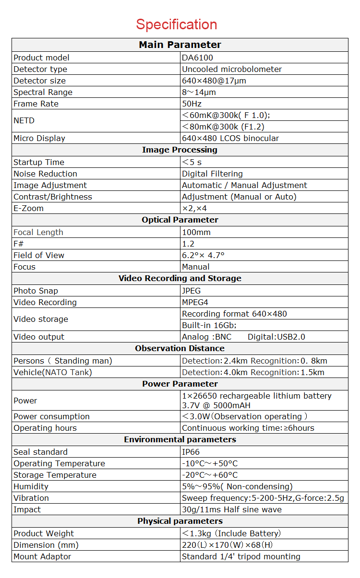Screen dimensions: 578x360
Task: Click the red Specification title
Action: click(x=176, y=24)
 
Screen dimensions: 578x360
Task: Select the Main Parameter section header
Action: click(x=180, y=45)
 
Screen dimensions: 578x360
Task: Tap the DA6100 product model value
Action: click(x=197, y=58)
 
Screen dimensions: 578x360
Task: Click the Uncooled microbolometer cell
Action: click(x=231, y=69)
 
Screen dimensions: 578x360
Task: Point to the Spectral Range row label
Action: click(x=43, y=92)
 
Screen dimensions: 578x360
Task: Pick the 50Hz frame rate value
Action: click(x=192, y=104)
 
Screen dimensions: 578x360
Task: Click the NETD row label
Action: click(x=24, y=121)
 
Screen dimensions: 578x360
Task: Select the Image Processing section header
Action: click(x=180, y=150)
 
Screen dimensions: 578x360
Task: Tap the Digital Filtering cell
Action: click(x=212, y=174)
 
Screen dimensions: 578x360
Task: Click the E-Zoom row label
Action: click(x=28, y=208)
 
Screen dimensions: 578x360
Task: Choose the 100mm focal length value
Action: click(x=196, y=232)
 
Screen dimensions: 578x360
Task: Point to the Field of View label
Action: click(x=39, y=255)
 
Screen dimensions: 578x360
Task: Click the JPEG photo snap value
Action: click(x=191, y=291)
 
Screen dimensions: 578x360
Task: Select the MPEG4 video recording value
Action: click(x=195, y=302)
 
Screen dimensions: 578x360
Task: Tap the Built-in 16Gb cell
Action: click(x=209, y=325)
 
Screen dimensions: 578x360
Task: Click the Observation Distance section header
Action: click(x=180, y=348)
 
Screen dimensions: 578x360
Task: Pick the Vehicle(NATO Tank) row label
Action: click(x=52, y=372)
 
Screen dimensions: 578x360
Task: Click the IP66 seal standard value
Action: click(x=191, y=452)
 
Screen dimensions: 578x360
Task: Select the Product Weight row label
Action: click(x=44, y=533)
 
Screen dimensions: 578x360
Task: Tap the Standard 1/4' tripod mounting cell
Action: click(x=241, y=556)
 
